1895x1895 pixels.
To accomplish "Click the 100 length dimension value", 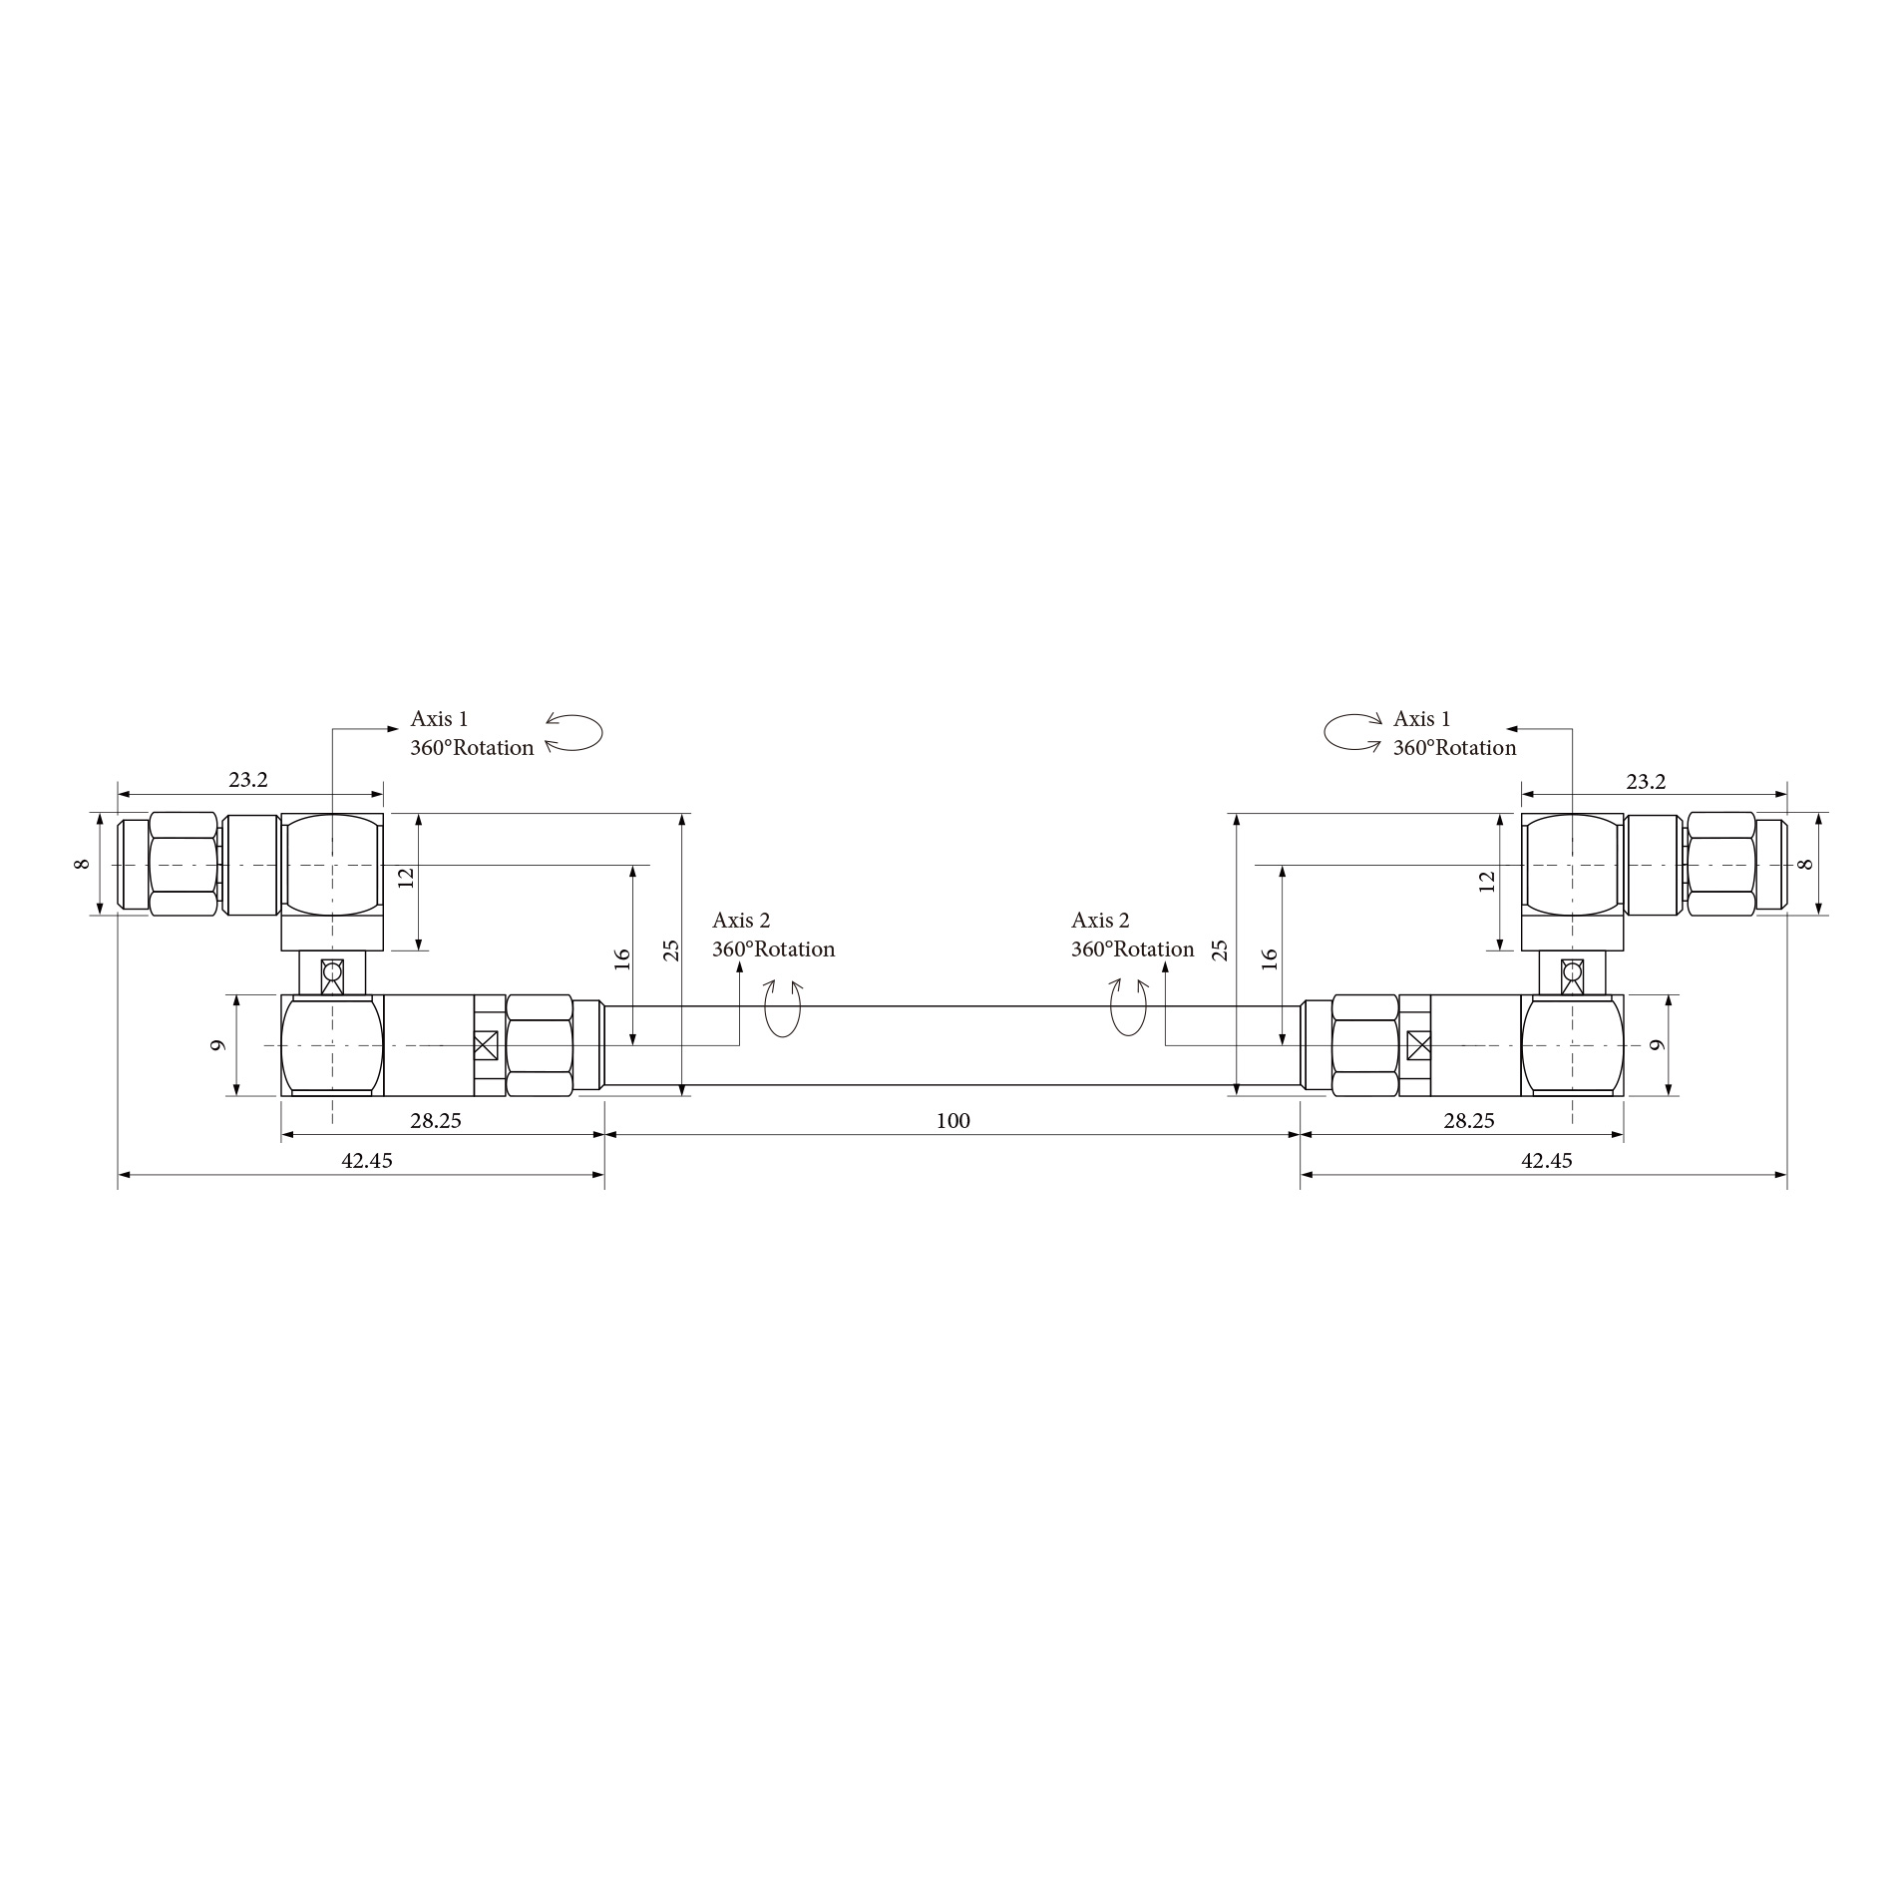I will pyautogui.click(x=952, y=1121).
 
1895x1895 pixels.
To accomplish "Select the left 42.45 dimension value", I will pyautogui.click(x=367, y=1161).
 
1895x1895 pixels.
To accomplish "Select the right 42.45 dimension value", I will pyautogui.click(x=1546, y=1161).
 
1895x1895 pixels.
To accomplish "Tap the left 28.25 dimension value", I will pyautogui.click(x=436, y=1121).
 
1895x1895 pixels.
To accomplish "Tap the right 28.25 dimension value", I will pyautogui.click(x=1469, y=1121).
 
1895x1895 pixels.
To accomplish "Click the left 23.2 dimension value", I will pyautogui.click(x=248, y=781).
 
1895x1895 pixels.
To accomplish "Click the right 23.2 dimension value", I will pyautogui.click(x=1646, y=783).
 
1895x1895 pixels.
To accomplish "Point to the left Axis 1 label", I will pyautogui.click(x=439, y=719).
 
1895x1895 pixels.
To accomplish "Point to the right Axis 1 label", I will pyautogui.click(x=1421, y=719).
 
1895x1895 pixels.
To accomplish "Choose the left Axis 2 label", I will pyautogui.click(x=741, y=921).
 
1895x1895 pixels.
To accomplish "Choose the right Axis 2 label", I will pyautogui.click(x=1100, y=921).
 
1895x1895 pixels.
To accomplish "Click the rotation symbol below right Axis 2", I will pyautogui.click(x=1128, y=1008).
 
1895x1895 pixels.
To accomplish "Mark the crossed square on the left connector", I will pyautogui.click(x=486, y=1045).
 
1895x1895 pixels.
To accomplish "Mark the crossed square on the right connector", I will pyautogui.click(x=1417, y=1045).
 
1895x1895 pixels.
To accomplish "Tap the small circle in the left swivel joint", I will pyautogui.click(x=332, y=970).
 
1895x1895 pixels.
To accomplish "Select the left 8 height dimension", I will pyautogui.click(x=83, y=864).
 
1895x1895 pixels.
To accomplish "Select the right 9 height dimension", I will pyautogui.click(x=1658, y=1045).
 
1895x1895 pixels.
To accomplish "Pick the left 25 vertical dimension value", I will pyautogui.click(x=671, y=949).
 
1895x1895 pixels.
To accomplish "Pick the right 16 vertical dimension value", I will pyautogui.click(x=1269, y=958).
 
